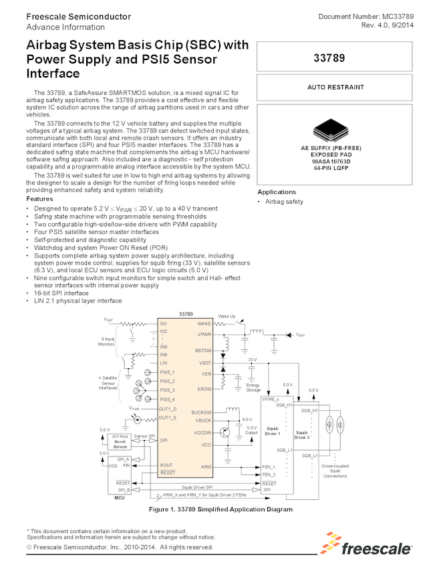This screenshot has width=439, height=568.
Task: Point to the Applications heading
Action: [277, 192]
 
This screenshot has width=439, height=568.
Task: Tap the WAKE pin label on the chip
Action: [204, 323]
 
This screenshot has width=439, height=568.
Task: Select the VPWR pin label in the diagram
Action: [204, 333]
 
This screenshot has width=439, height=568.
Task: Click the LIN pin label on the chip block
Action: [163, 362]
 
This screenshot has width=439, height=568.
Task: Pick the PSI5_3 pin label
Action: [167, 390]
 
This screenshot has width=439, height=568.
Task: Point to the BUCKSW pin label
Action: [201, 412]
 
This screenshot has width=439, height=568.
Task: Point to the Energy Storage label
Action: [253, 388]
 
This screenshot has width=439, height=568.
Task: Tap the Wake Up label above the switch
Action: [227, 315]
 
